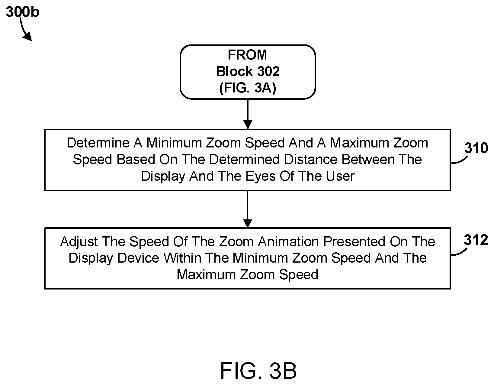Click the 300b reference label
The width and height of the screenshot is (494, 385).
(x=23, y=12)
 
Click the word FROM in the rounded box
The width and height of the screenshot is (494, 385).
(x=247, y=55)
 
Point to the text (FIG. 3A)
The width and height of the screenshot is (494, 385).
(x=248, y=88)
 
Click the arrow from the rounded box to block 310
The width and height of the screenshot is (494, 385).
(x=248, y=114)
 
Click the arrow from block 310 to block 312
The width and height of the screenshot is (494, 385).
(x=248, y=209)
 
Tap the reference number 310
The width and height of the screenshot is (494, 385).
(x=476, y=148)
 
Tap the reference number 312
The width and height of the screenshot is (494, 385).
(x=476, y=240)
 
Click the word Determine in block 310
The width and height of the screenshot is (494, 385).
(x=98, y=143)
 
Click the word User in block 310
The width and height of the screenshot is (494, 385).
(x=340, y=176)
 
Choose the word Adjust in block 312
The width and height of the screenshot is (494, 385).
(x=79, y=242)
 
